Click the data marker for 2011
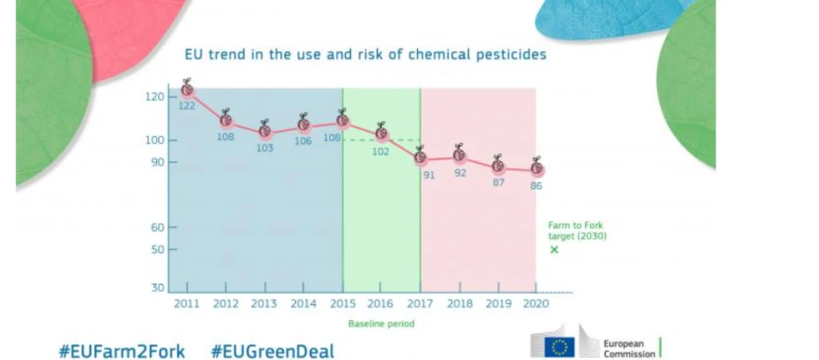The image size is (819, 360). coord(187,89)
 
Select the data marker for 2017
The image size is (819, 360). coord(420,156)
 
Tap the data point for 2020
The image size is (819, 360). coord(536,168)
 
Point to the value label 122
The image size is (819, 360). coord(187,106)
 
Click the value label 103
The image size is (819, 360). coord(265,148)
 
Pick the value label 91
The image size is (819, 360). coord(429,175)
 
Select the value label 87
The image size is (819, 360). coord(498,183)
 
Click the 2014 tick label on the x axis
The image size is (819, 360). coord(303,303)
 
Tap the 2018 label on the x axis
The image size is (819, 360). coord(460,303)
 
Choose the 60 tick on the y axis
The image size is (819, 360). coord(158,228)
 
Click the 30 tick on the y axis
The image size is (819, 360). coord(158,288)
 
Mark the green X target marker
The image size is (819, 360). coord(554,249)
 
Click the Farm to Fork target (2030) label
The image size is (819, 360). coord(577,231)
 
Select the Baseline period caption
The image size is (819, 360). coord(382,324)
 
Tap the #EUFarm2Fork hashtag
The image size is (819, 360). coord(122,351)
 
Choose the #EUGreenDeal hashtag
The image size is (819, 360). coord(272,351)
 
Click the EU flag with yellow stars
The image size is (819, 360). coord(559,347)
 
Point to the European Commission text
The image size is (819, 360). coord(629,349)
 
